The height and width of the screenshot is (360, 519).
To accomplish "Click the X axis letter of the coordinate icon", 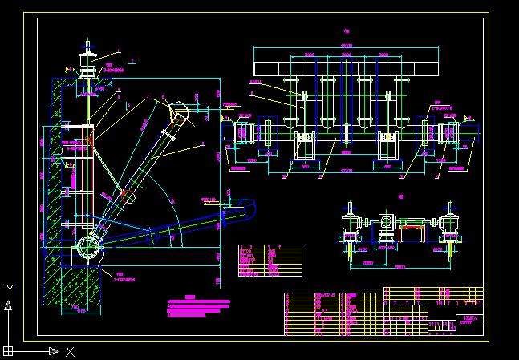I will [71, 351].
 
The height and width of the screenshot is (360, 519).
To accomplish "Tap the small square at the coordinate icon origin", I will [9, 350].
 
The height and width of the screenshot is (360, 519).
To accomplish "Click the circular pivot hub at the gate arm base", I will [87, 245].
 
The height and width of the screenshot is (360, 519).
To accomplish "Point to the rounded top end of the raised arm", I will [178, 113].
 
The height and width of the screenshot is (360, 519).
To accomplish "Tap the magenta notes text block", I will [197, 306].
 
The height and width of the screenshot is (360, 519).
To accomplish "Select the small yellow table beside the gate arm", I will [270, 261].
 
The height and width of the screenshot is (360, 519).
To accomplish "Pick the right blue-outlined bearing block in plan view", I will [450, 132].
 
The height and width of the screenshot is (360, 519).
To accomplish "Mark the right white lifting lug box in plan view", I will [389, 147].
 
